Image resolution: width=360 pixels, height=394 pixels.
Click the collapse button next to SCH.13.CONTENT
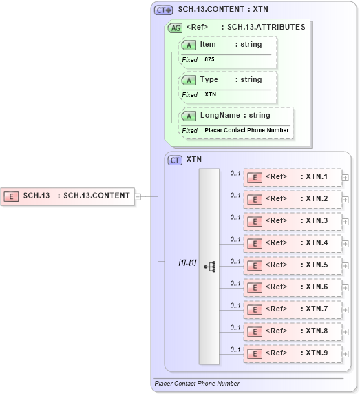point(138,196)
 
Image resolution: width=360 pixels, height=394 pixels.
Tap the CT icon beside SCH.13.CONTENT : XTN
point(164,10)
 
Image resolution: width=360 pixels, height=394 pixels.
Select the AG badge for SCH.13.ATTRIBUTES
point(175,28)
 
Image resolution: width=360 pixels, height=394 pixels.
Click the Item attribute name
point(207,45)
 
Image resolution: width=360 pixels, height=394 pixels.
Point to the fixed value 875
point(209,60)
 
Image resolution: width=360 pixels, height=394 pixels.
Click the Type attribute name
point(209,80)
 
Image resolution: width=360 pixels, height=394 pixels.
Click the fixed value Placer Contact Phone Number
point(246,130)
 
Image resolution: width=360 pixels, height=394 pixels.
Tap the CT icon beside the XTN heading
point(176,159)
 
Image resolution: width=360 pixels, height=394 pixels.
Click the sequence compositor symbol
point(209,265)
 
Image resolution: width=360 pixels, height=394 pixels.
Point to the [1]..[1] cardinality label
point(187,262)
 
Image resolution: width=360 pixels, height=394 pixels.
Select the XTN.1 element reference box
point(293,177)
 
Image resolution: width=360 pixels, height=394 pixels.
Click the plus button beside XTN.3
point(346,221)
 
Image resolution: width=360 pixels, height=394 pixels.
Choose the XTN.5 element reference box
point(293,265)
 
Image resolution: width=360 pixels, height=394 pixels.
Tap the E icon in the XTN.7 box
point(255,309)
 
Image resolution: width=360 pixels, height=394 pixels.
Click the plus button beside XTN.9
point(346,353)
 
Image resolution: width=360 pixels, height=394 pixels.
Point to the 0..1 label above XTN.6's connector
point(235,283)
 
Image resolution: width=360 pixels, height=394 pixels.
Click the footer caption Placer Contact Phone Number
point(197,384)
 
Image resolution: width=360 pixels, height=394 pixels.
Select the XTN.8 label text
point(317,331)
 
